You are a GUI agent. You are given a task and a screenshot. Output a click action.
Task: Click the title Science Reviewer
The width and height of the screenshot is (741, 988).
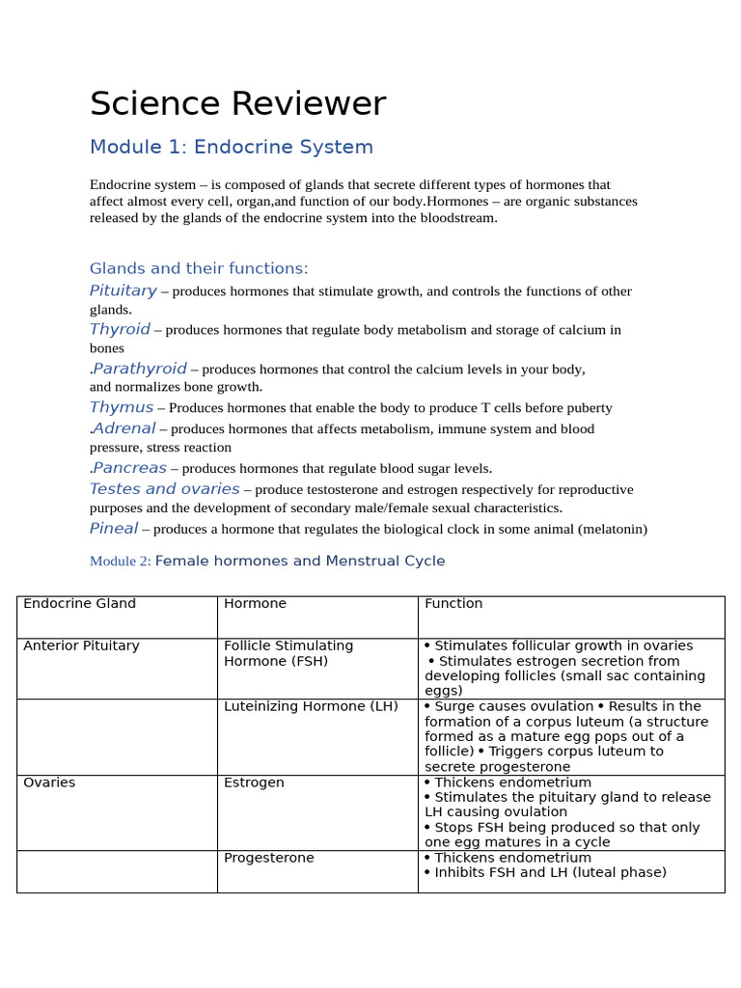coord(237,104)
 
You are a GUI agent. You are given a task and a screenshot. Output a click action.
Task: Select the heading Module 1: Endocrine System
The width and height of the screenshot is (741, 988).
coord(231,148)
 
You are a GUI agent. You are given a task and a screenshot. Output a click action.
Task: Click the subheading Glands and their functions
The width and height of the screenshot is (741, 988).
coord(199,268)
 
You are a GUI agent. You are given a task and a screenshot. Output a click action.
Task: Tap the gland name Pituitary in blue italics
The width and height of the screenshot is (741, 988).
coord(123,290)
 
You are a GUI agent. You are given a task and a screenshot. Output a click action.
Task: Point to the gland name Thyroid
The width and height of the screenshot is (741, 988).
coord(120,329)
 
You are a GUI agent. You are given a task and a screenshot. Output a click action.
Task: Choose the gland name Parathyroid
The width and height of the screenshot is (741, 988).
coord(140,369)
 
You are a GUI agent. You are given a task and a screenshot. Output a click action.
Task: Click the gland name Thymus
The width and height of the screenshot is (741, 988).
coord(121,407)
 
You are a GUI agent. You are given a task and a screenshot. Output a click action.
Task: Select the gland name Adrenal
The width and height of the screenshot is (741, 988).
coord(123,428)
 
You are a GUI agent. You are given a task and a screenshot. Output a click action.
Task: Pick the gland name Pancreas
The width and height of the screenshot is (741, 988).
coord(129,468)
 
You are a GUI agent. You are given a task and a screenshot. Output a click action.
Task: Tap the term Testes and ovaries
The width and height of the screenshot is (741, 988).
coord(164,489)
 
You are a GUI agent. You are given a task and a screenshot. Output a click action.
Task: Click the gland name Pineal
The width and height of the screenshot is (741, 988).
coord(113,529)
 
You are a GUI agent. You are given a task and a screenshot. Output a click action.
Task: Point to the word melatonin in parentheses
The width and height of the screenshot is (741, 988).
coord(613,530)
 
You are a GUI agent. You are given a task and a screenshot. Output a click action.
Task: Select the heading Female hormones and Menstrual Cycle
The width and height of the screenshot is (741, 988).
coord(300,562)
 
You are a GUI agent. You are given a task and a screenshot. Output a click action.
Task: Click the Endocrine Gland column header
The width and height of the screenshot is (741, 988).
coord(79,604)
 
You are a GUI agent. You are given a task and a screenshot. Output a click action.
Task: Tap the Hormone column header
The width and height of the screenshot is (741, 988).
coord(255,604)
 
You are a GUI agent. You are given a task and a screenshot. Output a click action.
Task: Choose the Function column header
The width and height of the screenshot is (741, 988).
coord(453,604)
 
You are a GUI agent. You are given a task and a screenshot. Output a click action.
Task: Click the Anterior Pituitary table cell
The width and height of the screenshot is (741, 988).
coord(81,646)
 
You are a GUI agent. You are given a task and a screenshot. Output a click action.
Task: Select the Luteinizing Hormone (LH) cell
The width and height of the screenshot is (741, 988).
coord(311,706)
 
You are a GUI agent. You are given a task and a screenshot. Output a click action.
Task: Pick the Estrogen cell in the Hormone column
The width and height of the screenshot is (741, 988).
coord(254,782)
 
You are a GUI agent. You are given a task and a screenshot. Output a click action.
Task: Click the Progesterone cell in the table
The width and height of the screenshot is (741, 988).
coord(268,858)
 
